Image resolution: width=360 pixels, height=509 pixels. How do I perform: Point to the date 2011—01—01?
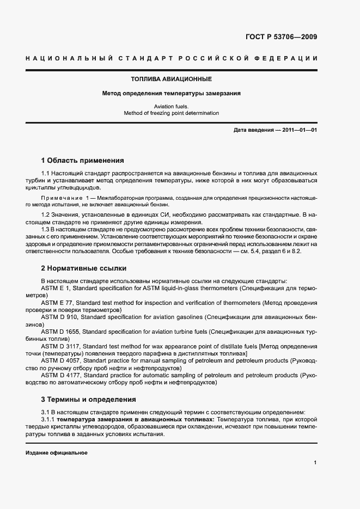[299, 131]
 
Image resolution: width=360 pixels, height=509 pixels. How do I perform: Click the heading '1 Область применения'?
[83, 161]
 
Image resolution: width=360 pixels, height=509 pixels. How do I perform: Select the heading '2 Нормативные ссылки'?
[84, 268]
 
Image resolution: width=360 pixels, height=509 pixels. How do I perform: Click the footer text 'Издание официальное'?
[57, 453]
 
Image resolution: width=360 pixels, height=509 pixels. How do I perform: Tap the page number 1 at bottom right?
[315, 463]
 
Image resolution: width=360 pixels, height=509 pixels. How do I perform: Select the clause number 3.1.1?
[48, 420]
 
